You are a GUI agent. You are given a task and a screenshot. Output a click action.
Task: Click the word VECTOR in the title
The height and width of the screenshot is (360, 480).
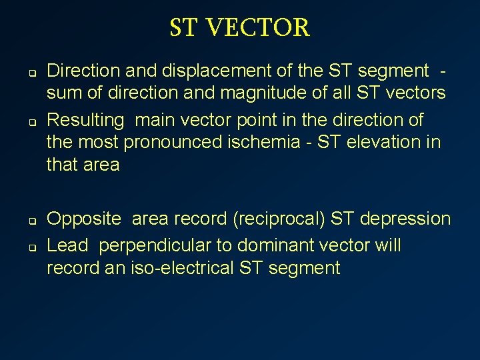click(259, 28)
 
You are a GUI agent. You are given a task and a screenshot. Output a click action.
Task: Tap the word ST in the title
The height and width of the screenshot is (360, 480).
click(184, 28)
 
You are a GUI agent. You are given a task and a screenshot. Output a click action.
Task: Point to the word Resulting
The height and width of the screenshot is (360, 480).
click(86, 120)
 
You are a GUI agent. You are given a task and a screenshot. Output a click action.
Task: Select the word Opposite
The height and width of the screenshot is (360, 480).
click(85, 219)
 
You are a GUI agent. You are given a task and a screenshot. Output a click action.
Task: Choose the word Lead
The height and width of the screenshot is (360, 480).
click(67, 245)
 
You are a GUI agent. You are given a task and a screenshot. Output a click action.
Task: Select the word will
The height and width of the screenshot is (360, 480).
click(387, 245)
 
